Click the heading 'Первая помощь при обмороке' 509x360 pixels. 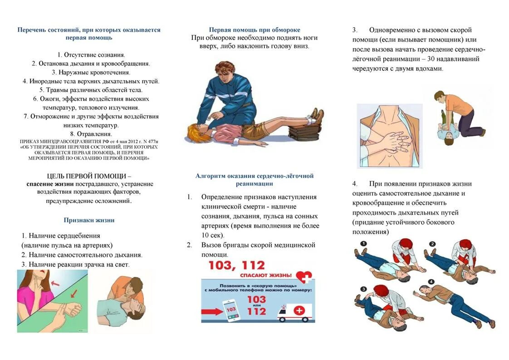tap(254, 30)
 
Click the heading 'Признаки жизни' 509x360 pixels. tap(89, 220)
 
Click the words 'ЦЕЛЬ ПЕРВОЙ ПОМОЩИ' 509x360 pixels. tap(89, 176)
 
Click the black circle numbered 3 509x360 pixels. tap(363, 288)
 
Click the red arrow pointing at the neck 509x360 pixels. tap(56, 284)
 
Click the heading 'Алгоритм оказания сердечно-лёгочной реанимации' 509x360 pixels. tap(254, 179)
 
